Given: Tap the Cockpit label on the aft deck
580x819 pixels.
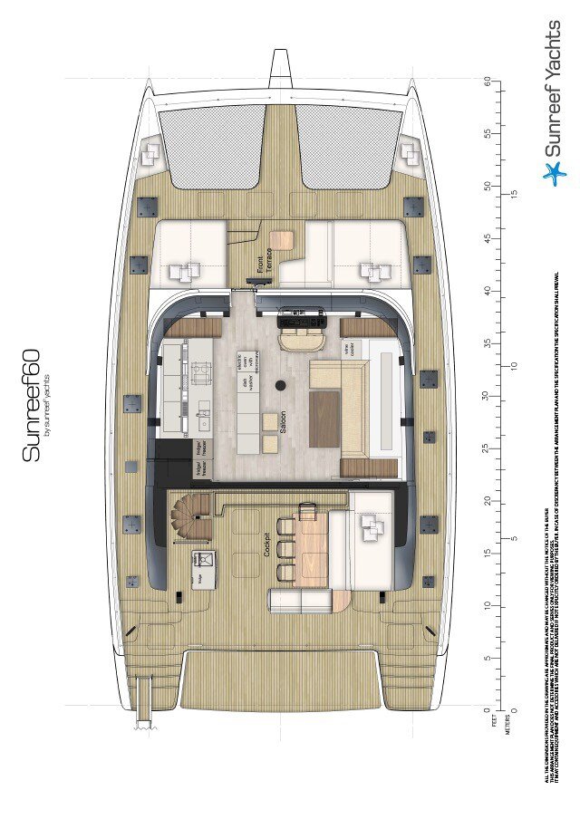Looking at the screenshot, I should point(267,541).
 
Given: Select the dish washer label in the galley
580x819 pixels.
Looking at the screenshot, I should point(245,387).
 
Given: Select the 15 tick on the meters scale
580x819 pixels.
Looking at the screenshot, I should point(514,194).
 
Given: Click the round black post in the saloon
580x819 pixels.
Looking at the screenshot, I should point(281,386).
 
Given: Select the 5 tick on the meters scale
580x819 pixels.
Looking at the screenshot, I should point(514,538).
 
